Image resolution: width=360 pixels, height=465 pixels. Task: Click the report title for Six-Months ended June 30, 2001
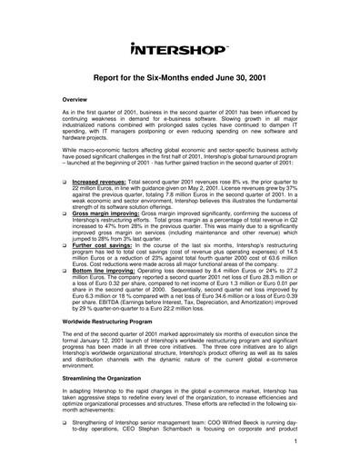tap(179, 79)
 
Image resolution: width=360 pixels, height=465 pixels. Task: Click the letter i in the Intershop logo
tap(135, 48)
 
